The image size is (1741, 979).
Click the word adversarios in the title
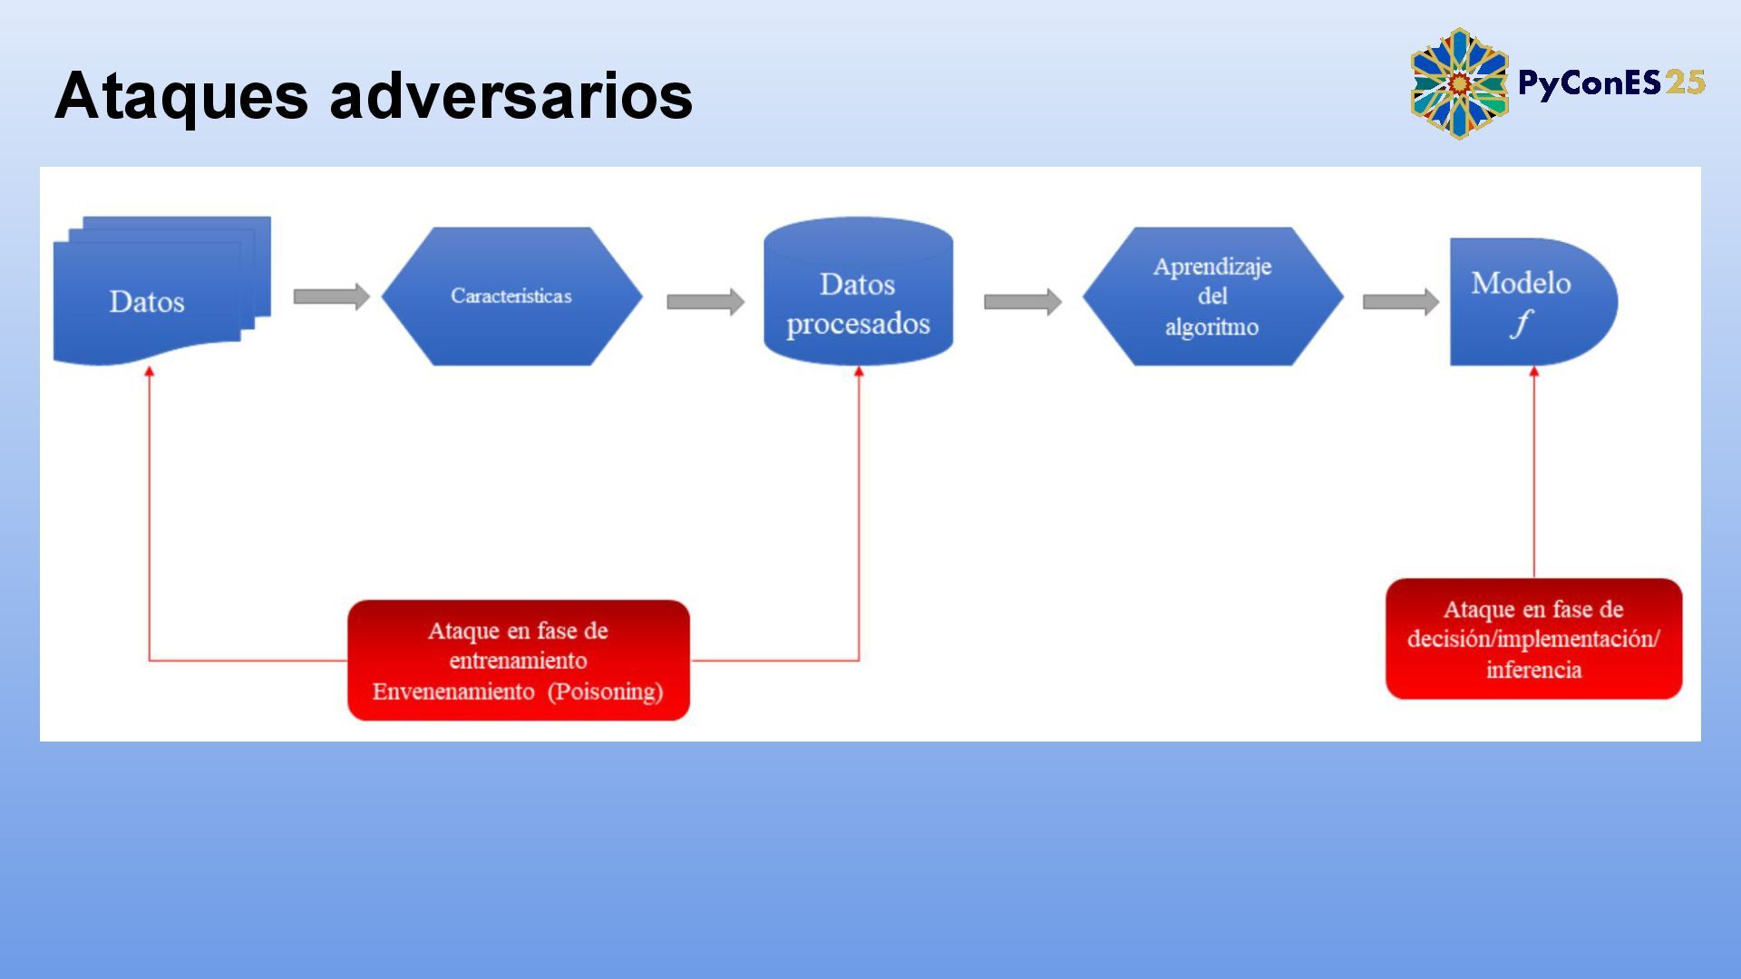coord(511,96)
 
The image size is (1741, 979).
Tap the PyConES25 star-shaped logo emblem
coord(1458,83)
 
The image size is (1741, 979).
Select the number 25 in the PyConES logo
coord(1685,83)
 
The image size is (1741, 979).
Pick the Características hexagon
coord(511,296)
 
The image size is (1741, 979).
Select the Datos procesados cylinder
coord(858,292)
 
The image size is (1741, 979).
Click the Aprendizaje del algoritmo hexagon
coord(1212,296)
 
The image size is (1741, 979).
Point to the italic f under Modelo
coord(1521,324)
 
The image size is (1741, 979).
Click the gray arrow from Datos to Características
coord(331,296)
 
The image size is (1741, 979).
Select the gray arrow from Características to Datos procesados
coord(705,302)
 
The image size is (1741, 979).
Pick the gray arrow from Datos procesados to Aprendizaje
coord(1022,302)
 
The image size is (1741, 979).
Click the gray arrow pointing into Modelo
coord(1400,302)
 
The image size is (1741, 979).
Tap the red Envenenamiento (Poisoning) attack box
coord(519,660)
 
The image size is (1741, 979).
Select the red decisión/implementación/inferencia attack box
coord(1533,639)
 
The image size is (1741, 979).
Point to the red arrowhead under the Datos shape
coord(150,372)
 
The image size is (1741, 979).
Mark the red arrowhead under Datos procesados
coord(859,372)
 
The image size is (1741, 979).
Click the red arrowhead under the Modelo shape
coord(1534,372)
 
